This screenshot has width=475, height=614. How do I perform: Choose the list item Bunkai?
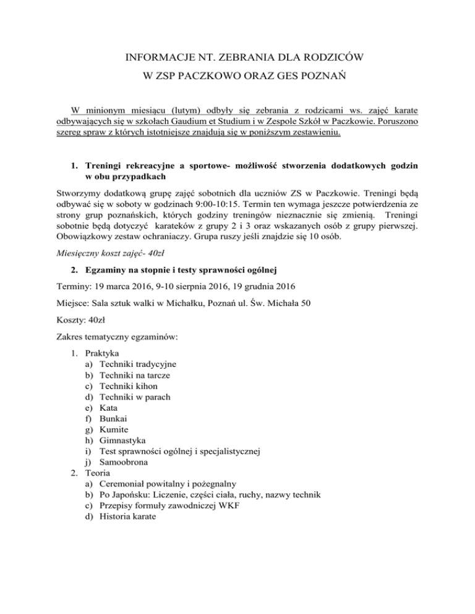coord(105,420)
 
